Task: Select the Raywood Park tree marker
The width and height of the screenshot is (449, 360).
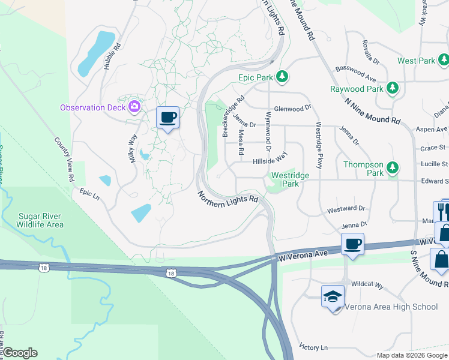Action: (393, 89)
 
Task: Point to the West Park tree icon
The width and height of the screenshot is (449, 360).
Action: (444, 60)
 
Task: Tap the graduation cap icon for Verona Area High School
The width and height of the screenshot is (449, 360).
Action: (333, 296)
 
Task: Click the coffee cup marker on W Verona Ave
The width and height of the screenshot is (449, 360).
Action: (352, 244)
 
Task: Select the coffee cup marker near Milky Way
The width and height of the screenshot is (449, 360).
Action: (167, 117)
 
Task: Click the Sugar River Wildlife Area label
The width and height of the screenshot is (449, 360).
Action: (41, 220)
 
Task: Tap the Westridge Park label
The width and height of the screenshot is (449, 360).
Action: (290, 179)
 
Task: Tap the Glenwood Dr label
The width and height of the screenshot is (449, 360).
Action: (293, 109)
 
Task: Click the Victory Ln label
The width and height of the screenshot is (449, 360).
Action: (314, 347)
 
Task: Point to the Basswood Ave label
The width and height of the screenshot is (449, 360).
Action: (355, 74)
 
